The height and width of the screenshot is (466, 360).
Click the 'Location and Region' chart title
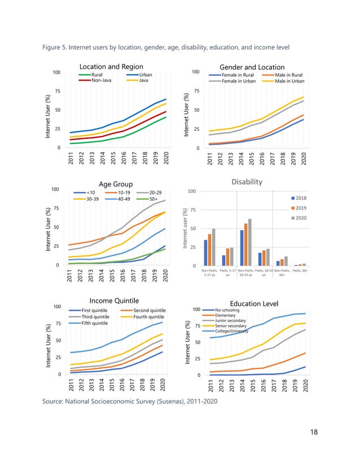pyautogui.click(x=111, y=67)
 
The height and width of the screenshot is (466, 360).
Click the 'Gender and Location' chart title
pyautogui.click(x=252, y=67)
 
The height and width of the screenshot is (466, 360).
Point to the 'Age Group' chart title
pyautogui.click(x=116, y=184)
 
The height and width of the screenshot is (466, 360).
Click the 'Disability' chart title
pyautogui.click(x=247, y=182)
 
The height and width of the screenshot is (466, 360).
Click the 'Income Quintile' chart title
pyautogui.click(x=114, y=300)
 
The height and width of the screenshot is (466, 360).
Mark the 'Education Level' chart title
pyautogui.click(x=255, y=304)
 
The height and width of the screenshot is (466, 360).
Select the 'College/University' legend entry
pyautogui.click(x=232, y=331)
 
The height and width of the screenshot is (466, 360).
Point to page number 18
pyautogui.click(x=314, y=432)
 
